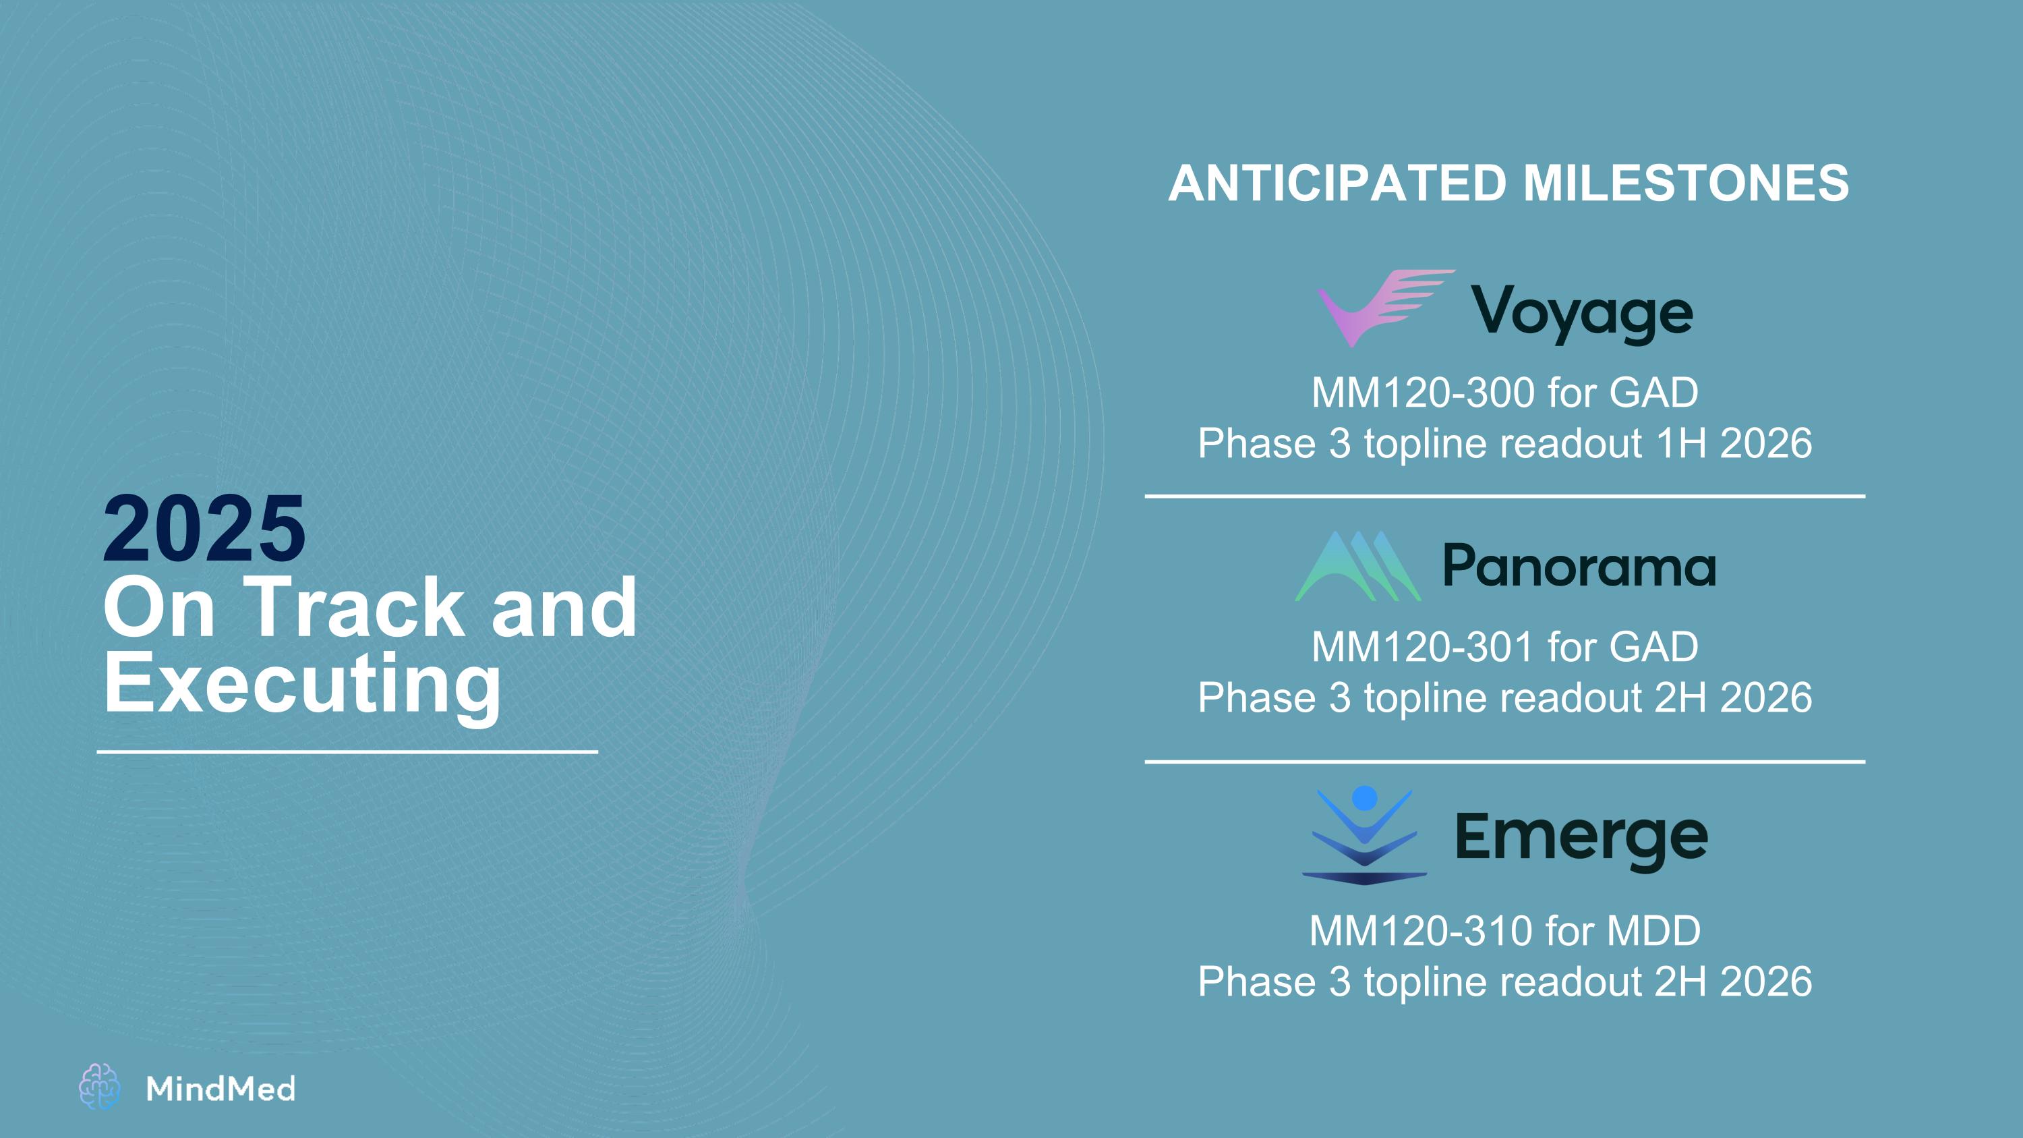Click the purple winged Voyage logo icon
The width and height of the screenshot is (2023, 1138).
click(1385, 308)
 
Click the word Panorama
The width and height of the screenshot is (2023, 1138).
click(1579, 565)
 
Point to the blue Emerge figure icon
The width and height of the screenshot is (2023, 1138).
click(1365, 835)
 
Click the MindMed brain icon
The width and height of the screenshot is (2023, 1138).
click(100, 1087)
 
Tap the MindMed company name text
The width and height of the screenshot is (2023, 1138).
click(221, 1089)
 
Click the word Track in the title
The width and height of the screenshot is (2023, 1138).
click(357, 607)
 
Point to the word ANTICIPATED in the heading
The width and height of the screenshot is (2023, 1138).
click(1337, 183)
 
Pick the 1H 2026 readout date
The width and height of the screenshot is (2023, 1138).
click(1733, 443)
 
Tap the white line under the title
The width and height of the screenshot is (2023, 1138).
click(347, 751)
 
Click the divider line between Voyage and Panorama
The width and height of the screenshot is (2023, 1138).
click(1504, 496)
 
